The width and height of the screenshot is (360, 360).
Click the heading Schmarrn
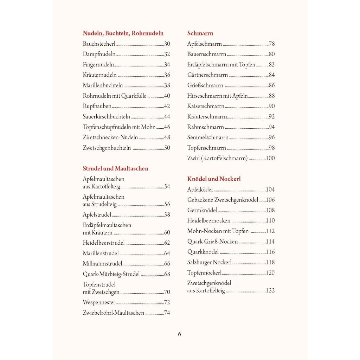200,33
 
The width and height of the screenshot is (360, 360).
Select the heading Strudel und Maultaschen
115,168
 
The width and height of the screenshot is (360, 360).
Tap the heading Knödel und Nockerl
214,179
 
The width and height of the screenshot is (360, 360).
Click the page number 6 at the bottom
179,334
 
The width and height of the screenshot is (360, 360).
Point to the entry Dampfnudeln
99,54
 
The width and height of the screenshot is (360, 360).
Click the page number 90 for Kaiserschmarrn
271,106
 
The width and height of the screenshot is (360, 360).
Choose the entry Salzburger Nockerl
209,262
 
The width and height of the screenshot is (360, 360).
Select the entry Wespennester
99,302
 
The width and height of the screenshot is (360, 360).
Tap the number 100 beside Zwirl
270,158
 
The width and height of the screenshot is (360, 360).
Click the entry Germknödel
202,210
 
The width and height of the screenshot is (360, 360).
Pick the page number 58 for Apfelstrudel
167,214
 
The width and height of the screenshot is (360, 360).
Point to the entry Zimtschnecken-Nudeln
110,137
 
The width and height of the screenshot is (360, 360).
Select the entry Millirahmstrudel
102,264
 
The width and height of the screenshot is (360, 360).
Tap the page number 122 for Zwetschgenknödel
270,290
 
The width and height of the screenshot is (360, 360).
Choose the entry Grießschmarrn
205,85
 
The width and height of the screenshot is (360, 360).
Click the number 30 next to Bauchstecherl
167,44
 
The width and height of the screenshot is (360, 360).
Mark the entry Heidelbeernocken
209,221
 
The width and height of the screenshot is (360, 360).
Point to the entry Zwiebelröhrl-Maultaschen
113,313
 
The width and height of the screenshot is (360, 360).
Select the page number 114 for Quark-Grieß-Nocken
270,242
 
